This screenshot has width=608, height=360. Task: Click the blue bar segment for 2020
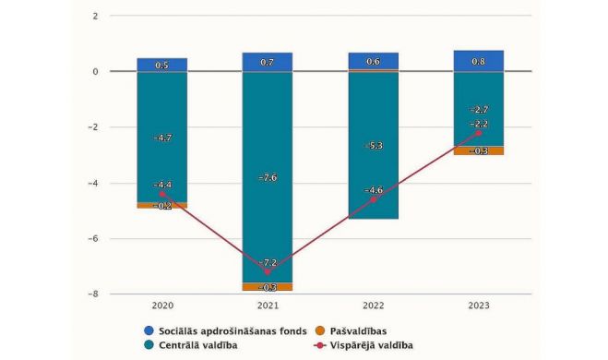tap(162, 65)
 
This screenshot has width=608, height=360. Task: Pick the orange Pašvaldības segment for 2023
tap(478, 150)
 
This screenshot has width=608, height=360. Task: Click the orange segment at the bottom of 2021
tap(268, 287)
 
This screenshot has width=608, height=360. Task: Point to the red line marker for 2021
tap(268, 271)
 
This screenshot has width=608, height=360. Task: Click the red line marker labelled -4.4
tap(162, 194)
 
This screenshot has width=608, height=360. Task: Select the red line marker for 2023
tap(478, 133)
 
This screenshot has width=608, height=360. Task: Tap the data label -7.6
tap(268, 178)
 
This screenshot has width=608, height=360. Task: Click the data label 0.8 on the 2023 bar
tap(478, 62)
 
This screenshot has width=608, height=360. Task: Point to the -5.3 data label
tap(373, 146)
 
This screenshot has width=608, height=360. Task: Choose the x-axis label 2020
tap(162, 306)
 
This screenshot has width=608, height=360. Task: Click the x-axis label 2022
tap(373, 306)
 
